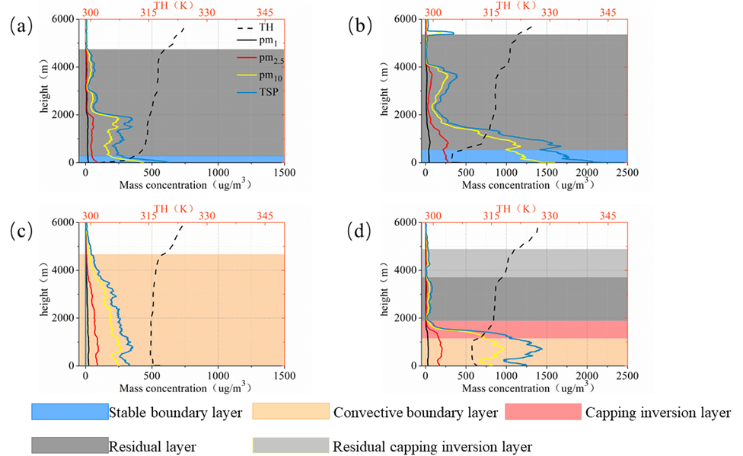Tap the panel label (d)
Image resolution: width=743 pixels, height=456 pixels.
[359, 231]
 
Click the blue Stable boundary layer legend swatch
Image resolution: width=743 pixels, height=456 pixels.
[69, 412]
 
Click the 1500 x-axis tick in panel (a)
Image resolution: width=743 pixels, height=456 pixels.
[284, 172]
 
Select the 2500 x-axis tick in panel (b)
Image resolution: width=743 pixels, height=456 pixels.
[626, 172]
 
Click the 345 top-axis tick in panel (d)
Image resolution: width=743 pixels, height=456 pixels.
[607, 216]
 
